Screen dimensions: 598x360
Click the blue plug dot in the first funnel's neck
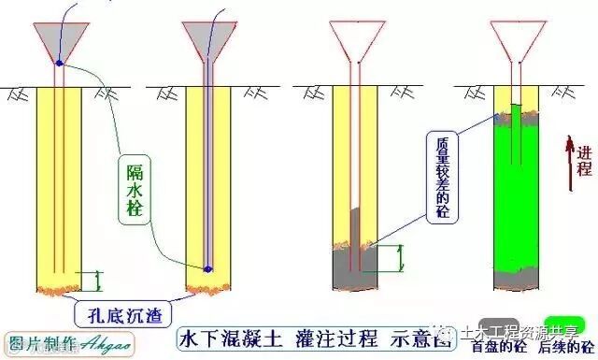(x=59, y=64)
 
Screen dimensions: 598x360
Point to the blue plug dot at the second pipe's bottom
(x=208, y=269)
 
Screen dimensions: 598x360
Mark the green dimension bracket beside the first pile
(x=98, y=279)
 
